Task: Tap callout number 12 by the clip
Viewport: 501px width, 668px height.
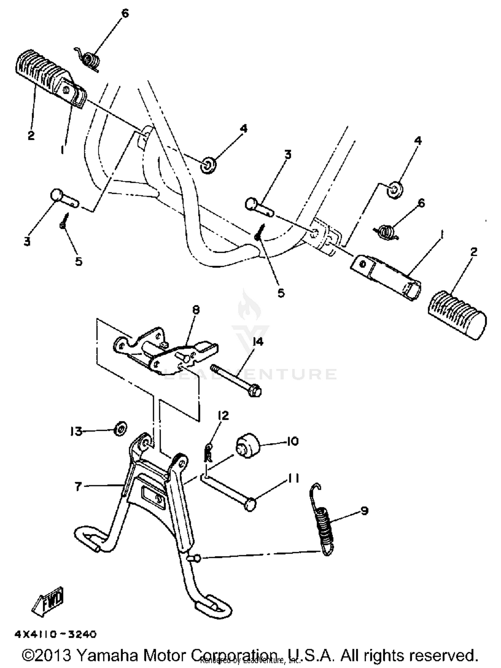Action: point(223,415)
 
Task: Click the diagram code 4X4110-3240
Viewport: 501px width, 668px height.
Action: point(55,634)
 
